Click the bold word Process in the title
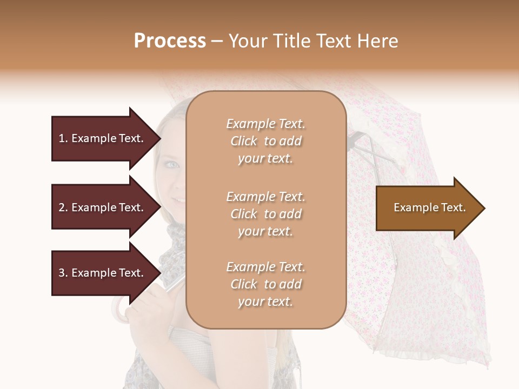pos(170,41)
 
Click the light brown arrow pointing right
pos(427,208)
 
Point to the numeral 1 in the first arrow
pos(62,138)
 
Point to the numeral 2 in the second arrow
pos(62,207)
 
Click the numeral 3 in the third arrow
pos(62,273)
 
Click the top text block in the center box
pos(265,141)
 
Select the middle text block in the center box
pos(265,214)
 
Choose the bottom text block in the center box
pos(265,284)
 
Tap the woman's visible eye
pos(172,164)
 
